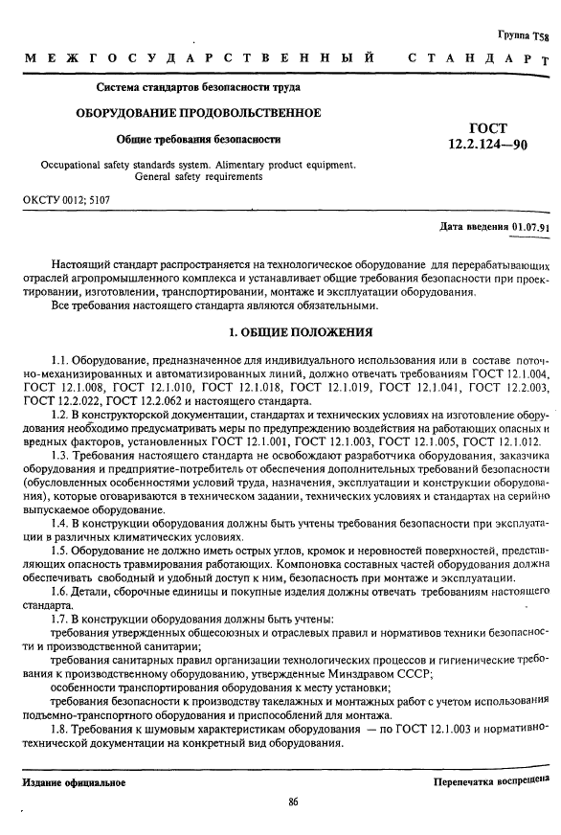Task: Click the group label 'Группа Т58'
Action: (524, 35)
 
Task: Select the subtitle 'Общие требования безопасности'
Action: (198, 139)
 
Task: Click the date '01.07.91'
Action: (531, 227)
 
